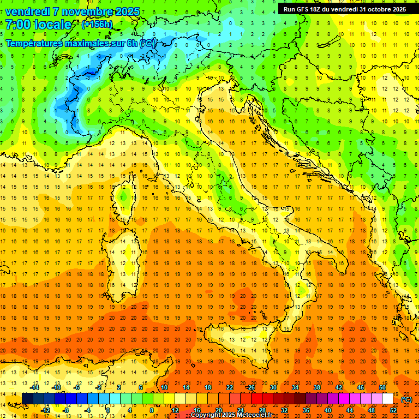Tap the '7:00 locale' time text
(x=38, y=25)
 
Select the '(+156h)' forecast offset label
(x=97, y=25)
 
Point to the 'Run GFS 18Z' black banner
(x=344, y=9)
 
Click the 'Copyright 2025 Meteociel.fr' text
(x=231, y=415)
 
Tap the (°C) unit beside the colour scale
(x=406, y=400)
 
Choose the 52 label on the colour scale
(x=393, y=410)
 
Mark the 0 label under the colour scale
(x=109, y=410)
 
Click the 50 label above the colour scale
(x=382, y=388)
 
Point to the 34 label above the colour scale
(x=295, y=388)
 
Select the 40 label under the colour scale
(x=327, y=410)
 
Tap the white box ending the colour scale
(x=387, y=399)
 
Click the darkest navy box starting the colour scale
(x=27, y=399)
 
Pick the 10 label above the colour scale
(x=164, y=388)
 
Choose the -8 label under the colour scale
(x=65, y=410)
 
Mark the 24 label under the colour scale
(x=240, y=410)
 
